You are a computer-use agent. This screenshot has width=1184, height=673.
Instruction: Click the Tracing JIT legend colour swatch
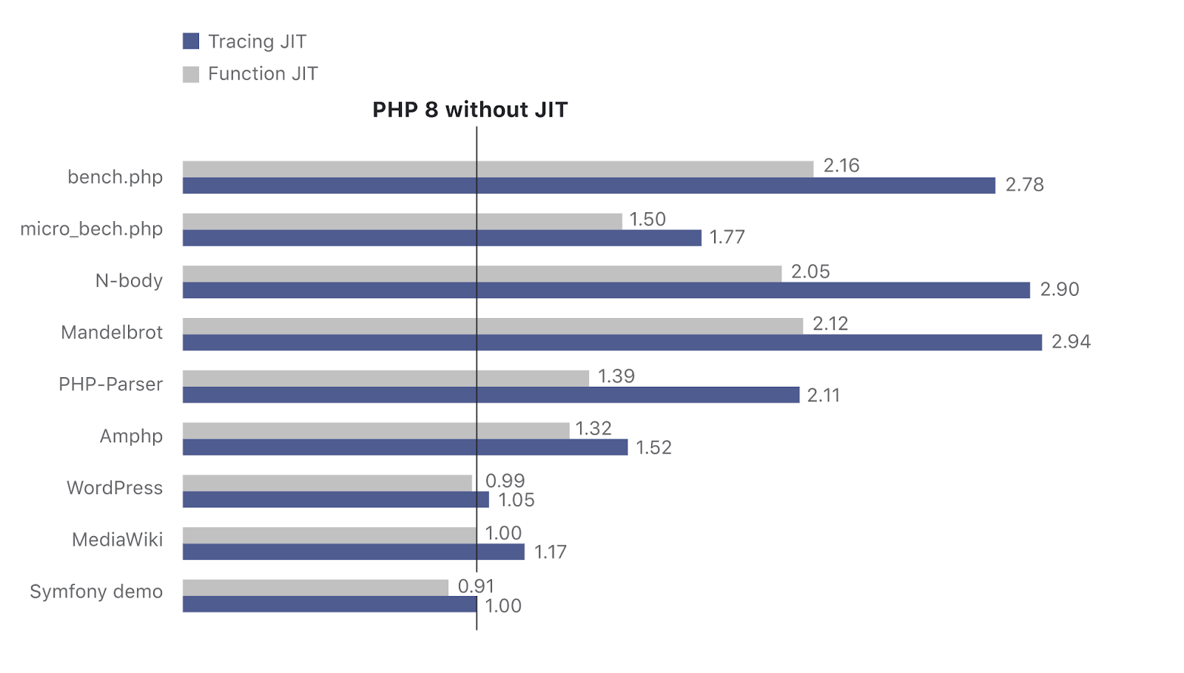(x=191, y=41)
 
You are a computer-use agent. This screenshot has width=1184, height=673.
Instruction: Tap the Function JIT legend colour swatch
(x=191, y=74)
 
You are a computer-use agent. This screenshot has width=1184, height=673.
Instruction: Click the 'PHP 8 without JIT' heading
(x=470, y=110)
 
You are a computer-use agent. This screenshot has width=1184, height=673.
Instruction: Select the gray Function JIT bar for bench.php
(x=497, y=169)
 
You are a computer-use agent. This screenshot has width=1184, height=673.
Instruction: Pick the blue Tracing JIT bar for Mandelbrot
(x=612, y=342)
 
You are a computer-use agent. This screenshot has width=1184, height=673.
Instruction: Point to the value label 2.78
(x=1024, y=185)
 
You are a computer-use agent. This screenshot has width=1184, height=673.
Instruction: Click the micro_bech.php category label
(x=92, y=229)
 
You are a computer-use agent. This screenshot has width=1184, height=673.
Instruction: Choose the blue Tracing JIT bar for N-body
(x=606, y=290)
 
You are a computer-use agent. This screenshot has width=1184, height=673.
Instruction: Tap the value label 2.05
(x=810, y=272)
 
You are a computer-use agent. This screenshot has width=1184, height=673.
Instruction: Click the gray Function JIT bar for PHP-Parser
(x=386, y=378)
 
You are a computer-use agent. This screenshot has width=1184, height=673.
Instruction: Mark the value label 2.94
(x=1071, y=342)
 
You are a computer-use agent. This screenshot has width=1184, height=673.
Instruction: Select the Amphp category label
(x=131, y=436)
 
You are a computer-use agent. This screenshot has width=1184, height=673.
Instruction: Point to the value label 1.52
(x=653, y=447)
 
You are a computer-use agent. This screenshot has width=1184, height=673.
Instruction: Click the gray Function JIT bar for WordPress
(x=327, y=483)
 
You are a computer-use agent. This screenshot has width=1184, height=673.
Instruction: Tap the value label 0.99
(x=505, y=481)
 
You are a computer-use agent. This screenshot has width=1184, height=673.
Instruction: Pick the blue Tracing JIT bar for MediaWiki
(x=354, y=552)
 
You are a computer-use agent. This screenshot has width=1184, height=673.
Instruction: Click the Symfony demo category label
(x=96, y=592)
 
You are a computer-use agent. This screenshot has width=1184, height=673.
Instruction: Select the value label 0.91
(x=476, y=586)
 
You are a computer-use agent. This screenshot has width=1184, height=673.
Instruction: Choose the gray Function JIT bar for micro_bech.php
(x=402, y=221)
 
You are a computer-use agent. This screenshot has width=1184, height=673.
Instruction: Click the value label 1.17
(x=551, y=552)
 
